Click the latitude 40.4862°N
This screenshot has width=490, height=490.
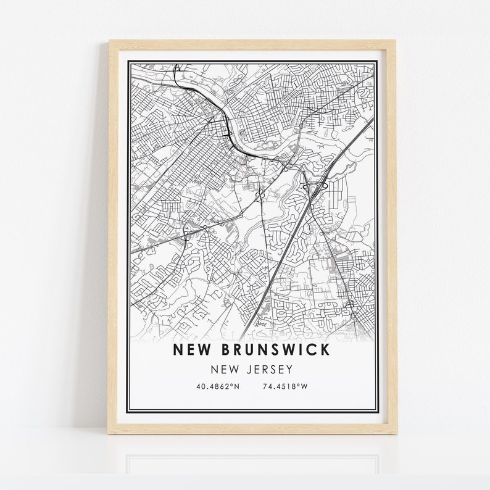point(217,387)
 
